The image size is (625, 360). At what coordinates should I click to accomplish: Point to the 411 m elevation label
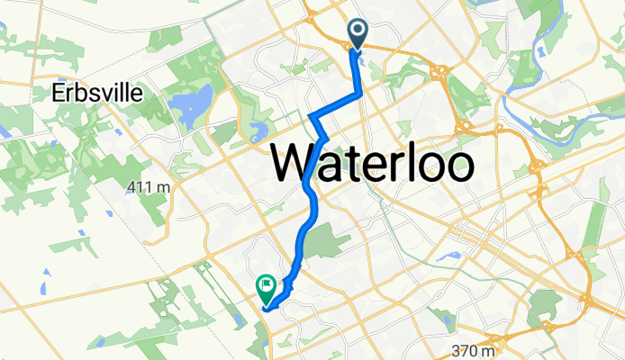[149, 186]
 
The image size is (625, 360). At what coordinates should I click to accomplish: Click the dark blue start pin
[357, 33]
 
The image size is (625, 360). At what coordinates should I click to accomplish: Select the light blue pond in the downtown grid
[448, 256]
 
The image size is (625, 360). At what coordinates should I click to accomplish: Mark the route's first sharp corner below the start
[361, 93]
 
